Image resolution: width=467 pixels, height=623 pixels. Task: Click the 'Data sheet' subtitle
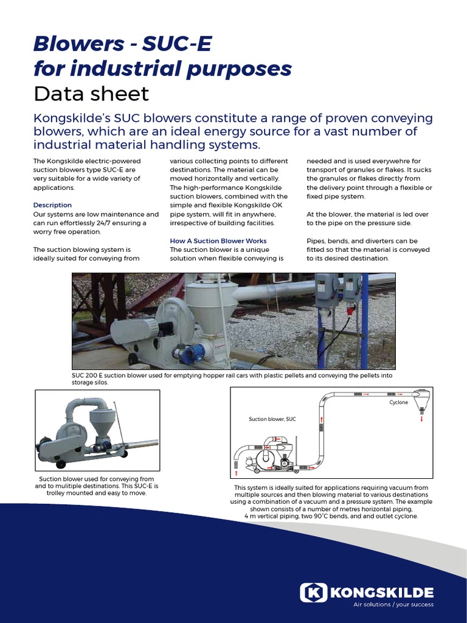point(91,94)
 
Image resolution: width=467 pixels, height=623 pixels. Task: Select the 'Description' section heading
point(52,205)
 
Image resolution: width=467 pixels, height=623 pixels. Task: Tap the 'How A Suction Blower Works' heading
point(218,241)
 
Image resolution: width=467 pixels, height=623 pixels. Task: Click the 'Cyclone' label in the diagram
point(398,403)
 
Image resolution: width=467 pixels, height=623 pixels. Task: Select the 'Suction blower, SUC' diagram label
point(272,419)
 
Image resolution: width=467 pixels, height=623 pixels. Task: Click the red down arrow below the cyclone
point(421,419)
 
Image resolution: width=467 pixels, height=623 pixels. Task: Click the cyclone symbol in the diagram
point(421,398)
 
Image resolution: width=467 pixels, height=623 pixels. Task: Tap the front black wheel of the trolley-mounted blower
point(61,464)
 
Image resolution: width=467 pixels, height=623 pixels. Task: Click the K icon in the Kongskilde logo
point(314,592)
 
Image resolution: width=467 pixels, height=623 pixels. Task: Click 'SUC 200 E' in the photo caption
point(89,376)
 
